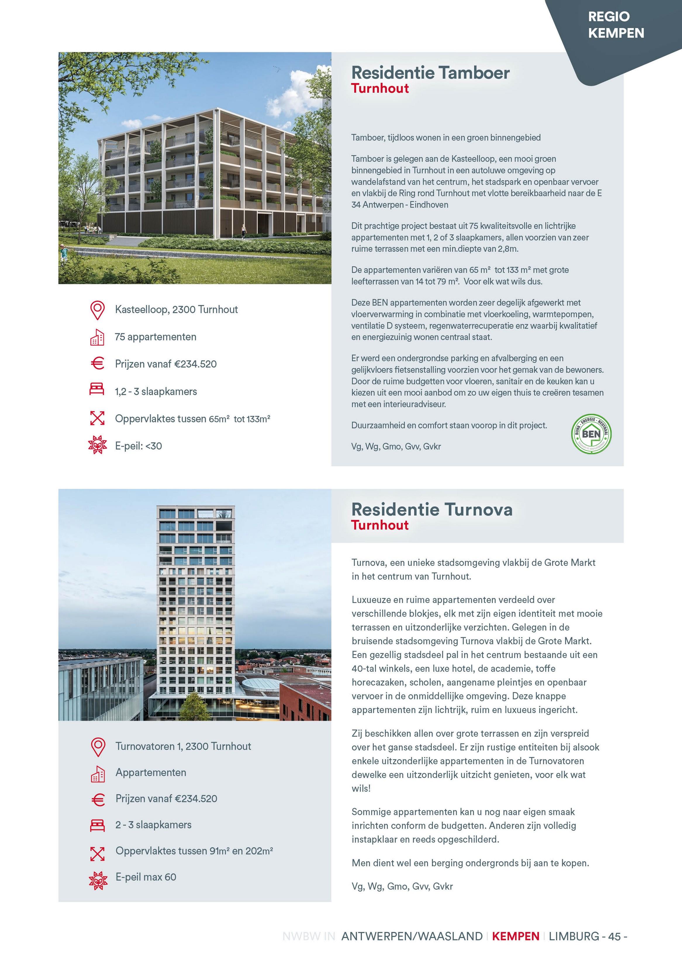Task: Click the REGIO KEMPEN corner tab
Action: [616, 25]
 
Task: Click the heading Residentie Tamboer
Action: [430, 73]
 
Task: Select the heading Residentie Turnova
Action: [431, 509]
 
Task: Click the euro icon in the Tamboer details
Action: [97, 363]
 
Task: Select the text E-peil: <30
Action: [138, 446]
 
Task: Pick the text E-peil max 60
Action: [146, 877]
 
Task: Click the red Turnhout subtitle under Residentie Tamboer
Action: [380, 88]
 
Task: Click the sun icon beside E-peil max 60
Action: [98, 878]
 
